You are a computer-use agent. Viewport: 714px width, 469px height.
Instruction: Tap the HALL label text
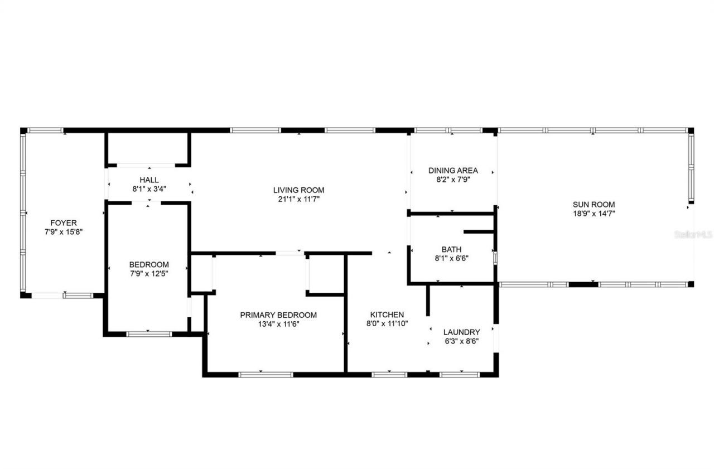(x=149, y=180)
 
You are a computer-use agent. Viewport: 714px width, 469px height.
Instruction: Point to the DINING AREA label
(x=453, y=170)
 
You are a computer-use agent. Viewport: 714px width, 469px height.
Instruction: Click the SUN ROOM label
(x=594, y=204)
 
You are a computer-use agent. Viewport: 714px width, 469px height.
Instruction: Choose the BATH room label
(x=451, y=249)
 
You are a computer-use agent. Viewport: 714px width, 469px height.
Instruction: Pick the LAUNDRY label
(x=461, y=332)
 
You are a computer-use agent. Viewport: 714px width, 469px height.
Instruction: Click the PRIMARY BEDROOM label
(x=278, y=315)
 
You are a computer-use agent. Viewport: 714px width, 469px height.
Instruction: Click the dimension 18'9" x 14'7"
(x=594, y=213)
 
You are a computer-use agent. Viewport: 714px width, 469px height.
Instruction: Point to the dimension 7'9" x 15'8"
(x=64, y=231)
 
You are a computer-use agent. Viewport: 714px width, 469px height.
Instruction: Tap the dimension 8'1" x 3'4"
(x=149, y=189)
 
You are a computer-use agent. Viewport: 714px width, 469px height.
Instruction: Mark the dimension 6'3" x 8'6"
(x=461, y=341)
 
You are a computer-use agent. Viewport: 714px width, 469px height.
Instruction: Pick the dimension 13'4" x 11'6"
(x=278, y=324)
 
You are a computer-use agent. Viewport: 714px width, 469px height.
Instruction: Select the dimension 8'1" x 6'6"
(x=451, y=258)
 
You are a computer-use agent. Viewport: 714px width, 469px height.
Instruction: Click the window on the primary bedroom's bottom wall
(x=266, y=374)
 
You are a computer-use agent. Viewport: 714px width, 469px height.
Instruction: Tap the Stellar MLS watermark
(x=693, y=235)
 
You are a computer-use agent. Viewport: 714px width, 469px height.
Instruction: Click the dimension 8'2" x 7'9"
(x=453, y=180)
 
